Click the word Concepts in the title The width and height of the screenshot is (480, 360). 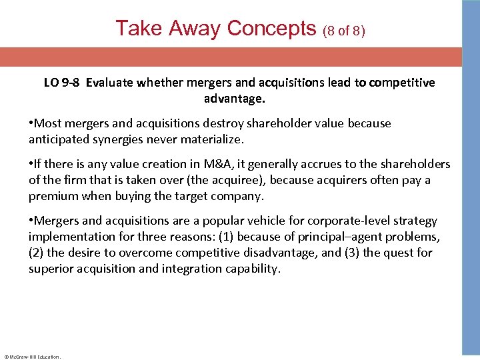[271, 28]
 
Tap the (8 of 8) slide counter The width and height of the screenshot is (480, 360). [343, 30]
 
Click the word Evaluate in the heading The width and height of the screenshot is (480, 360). [109, 83]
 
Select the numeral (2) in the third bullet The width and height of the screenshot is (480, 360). [37, 253]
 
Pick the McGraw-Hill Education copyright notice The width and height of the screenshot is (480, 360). [32, 357]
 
